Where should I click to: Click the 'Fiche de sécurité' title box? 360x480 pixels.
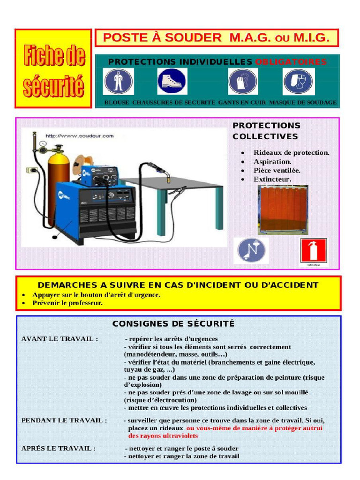[x=53, y=69]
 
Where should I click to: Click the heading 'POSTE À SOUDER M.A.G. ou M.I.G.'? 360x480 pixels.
[x=217, y=38]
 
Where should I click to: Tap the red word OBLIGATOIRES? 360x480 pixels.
[x=291, y=62]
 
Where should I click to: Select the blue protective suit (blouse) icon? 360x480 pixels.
[x=118, y=81]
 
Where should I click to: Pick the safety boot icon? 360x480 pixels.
[x=172, y=81]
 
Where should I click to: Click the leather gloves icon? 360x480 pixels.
[x=242, y=81]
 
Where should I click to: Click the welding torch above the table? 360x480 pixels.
[x=159, y=171]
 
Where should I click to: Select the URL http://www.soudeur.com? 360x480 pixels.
[x=80, y=136]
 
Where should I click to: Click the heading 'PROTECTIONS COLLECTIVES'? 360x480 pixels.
[x=266, y=131]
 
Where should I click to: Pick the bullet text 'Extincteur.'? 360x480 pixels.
[x=272, y=180]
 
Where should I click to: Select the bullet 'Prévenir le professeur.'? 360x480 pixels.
[x=67, y=303]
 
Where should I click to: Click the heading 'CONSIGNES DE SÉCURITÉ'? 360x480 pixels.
[x=173, y=324]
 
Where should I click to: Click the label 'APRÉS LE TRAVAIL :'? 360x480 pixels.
[x=59, y=448]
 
